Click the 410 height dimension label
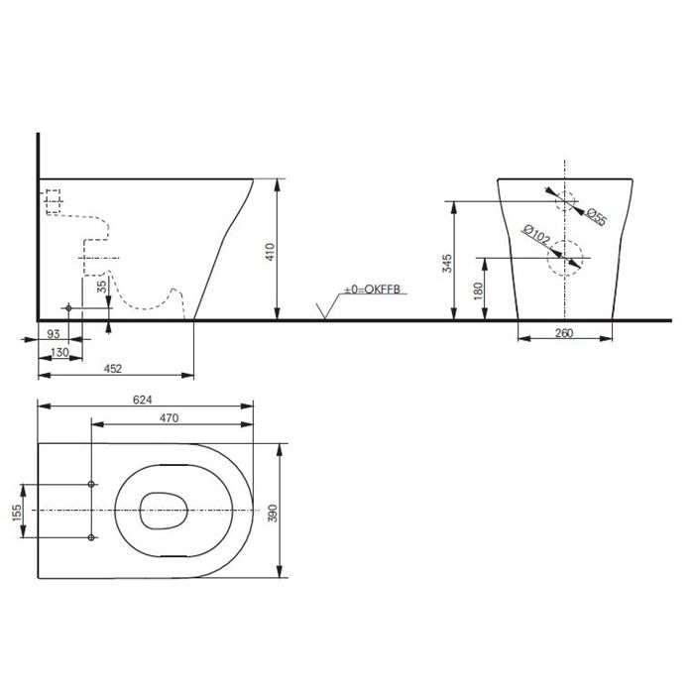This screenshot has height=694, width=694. point(270,252)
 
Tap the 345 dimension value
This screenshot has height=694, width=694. point(447,264)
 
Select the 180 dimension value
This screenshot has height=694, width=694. point(479,291)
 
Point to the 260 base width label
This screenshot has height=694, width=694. point(564,333)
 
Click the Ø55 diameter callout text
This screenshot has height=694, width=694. point(597,217)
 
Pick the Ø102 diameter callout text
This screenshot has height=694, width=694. point(536,235)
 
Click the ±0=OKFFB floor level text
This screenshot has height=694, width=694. point(372,289)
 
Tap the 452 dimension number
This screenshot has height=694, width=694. point(112,368)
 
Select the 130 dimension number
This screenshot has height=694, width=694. point(59,352)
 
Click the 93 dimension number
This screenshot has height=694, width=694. point(54,334)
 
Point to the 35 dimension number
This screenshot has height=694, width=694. point(102,287)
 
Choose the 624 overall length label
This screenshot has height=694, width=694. point(143,400)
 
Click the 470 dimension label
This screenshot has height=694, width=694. point(170,417)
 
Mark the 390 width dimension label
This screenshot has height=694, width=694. point(273,513)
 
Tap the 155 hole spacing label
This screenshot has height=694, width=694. point(17,513)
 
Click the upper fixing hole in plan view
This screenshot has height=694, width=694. point(91,484)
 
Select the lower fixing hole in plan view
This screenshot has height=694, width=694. point(91,537)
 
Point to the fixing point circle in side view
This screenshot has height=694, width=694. point(68,307)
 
